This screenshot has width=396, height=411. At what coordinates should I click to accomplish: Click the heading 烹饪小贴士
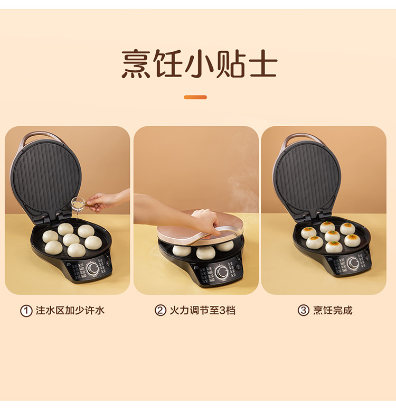(199, 64)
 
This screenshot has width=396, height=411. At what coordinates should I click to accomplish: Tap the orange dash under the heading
(195, 97)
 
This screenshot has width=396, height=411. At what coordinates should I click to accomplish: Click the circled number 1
(26, 311)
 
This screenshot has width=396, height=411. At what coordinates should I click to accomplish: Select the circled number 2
(161, 311)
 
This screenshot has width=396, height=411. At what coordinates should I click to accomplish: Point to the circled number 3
(304, 310)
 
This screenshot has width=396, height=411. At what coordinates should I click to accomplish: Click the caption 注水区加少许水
(70, 311)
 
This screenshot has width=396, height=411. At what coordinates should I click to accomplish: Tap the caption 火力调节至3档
(203, 310)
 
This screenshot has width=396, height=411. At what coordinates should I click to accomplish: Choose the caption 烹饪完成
(333, 310)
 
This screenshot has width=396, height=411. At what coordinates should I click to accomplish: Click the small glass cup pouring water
(78, 204)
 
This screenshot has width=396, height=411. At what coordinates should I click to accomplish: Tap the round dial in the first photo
(92, 268)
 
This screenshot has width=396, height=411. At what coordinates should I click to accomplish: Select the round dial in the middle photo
(221, 272)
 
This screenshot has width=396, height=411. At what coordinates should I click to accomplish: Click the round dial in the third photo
(353, 263)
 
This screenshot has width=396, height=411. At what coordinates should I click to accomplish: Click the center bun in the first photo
(71, 239)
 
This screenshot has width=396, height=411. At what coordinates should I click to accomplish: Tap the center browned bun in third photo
(332, 236)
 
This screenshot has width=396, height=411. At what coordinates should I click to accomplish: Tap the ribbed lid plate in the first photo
(46, 178)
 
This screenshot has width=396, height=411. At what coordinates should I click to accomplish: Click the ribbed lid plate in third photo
(307, 180)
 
